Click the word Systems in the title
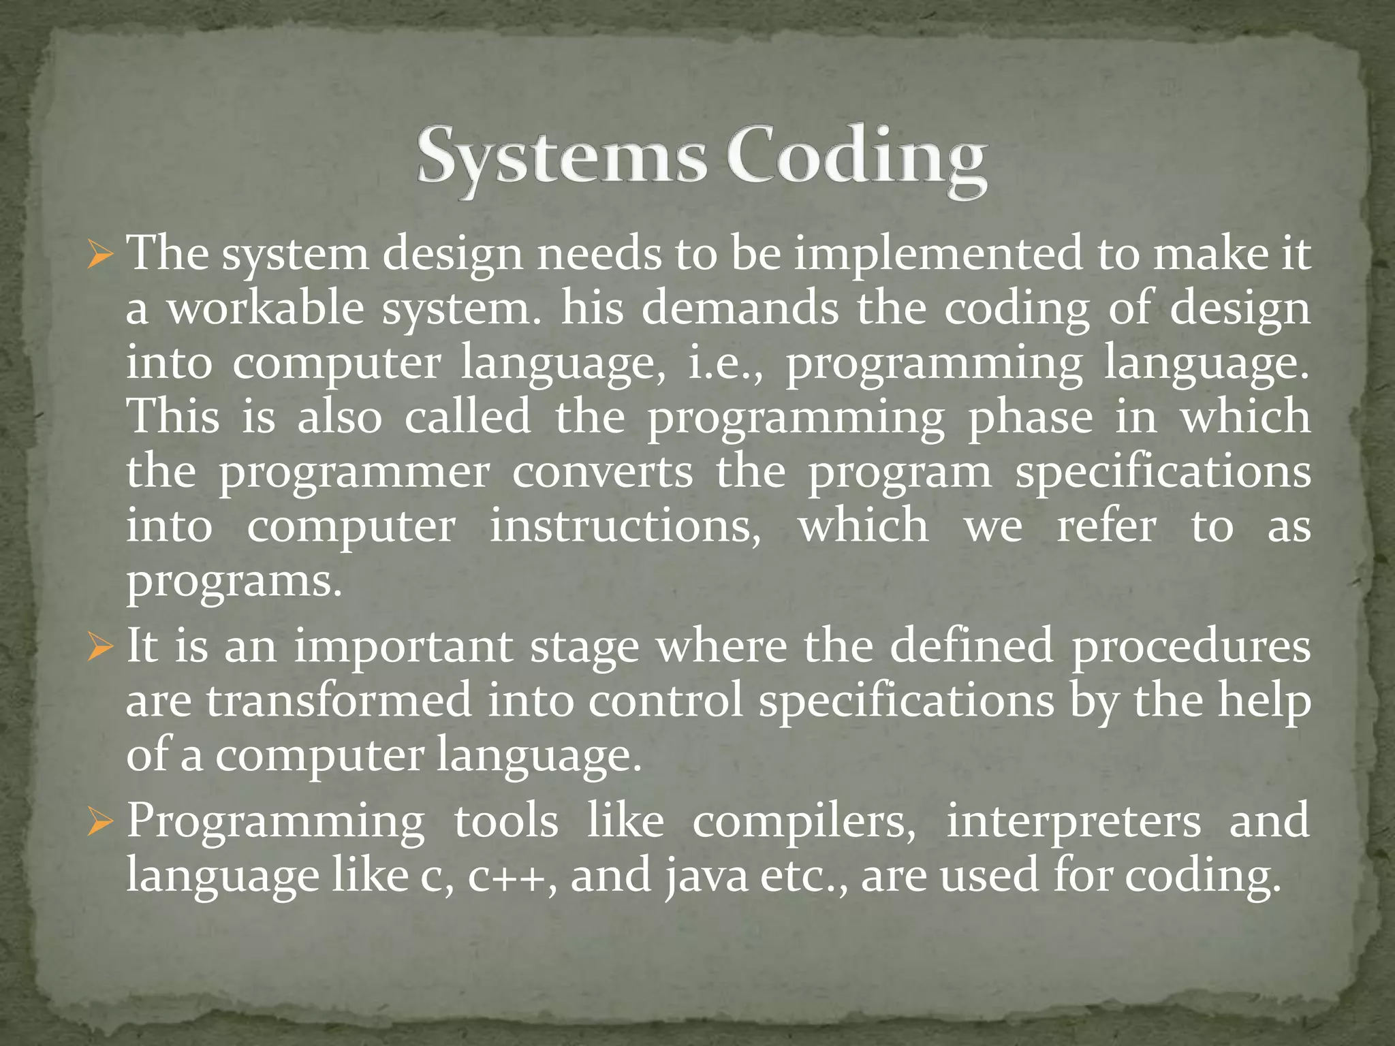[x=561, y=158]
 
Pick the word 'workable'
[x=266, y=308]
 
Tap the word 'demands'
[x=740, y=308]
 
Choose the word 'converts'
[x=603, y=472]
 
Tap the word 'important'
[x=403, y=647]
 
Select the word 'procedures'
[x=1191, y=647]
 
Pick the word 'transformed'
[x=339, y=701]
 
